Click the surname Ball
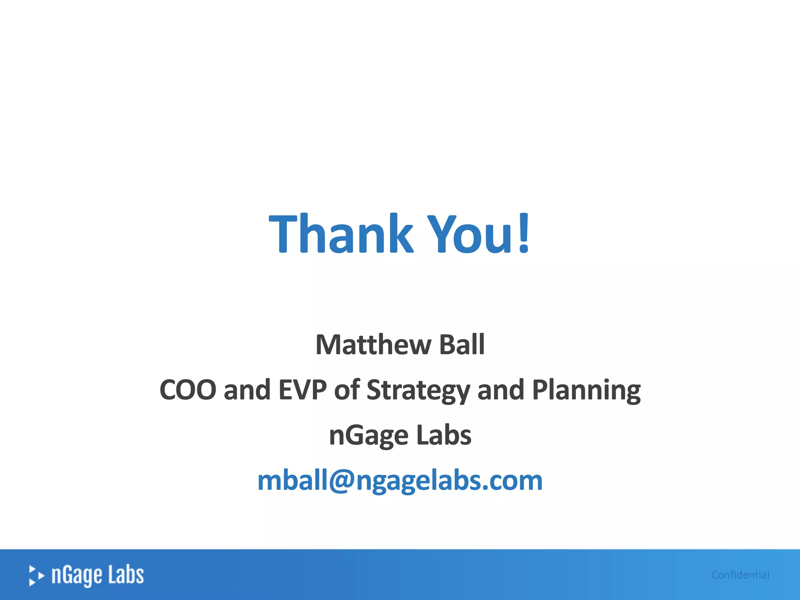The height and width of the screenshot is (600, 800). (462, 345)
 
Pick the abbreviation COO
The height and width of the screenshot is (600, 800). (188, 390)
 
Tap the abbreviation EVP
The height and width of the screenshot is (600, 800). (302, 390)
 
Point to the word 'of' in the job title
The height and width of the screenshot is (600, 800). (346, 390)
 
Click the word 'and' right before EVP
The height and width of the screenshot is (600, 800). (247, 390)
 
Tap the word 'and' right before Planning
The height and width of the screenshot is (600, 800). (501, 390)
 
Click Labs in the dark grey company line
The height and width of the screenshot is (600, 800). (444, 435)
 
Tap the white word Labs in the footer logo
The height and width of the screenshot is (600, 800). (126, 575)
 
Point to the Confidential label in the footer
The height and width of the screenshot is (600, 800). (740, 575)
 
